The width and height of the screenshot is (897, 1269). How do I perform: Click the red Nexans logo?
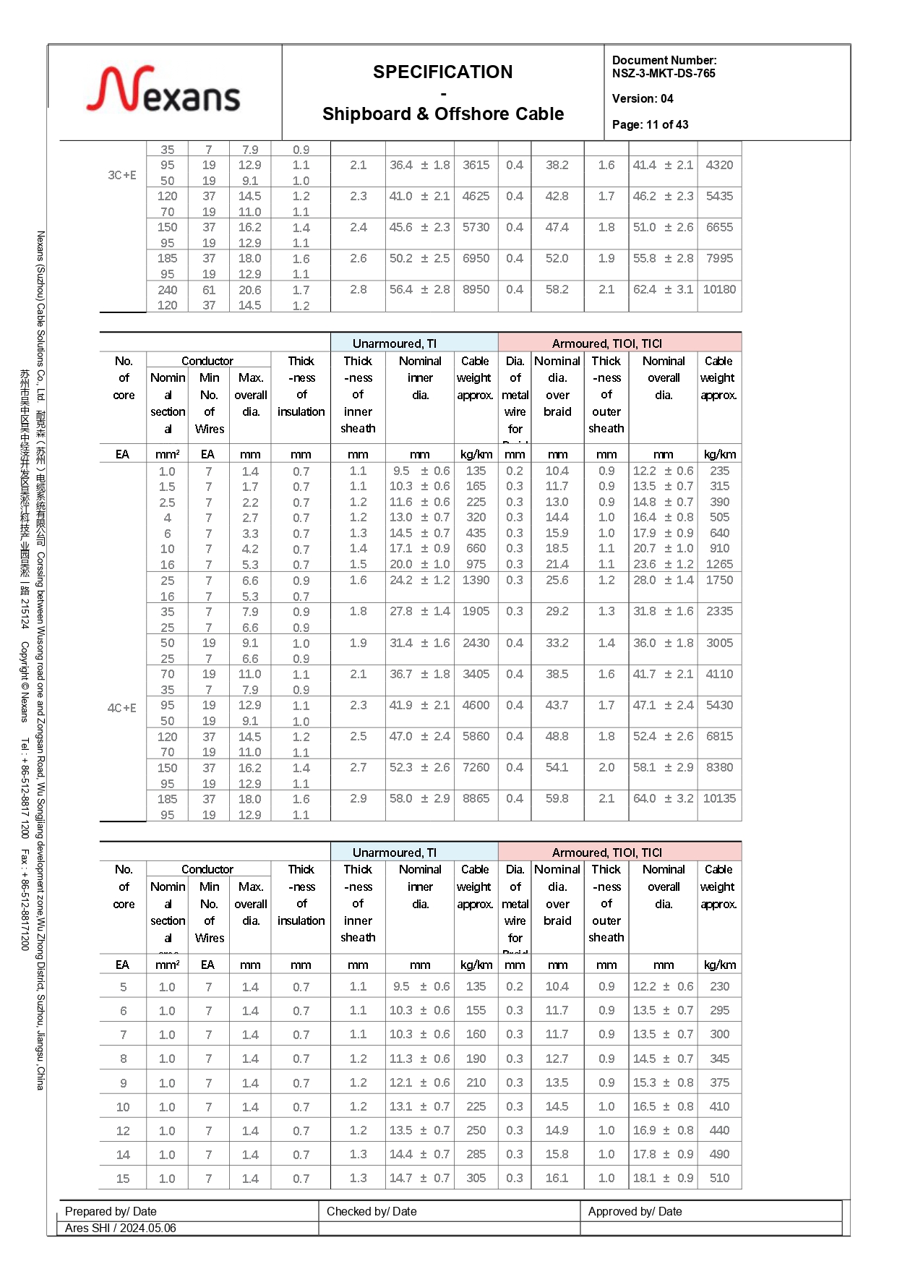[x=163, y=90]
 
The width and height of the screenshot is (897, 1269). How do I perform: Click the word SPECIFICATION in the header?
[x=442, y=72]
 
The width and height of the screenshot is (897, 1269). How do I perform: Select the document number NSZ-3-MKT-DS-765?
[x=664, y=74]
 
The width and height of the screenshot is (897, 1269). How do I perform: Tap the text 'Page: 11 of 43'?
[x=650, y=124]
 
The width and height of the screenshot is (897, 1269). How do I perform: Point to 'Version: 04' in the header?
[x=642, y=98]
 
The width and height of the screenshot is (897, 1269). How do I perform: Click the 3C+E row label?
[x=122, y=175]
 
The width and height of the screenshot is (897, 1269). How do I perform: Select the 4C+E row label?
[x=122, y=708]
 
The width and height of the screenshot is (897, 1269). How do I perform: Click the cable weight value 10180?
[x=719, y=289]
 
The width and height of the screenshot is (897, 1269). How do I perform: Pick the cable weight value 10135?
[x=719, y=798]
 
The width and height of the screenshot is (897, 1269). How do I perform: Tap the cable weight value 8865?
[x=476, y=798]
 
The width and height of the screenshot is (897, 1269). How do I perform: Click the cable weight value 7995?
[x=719, y=258]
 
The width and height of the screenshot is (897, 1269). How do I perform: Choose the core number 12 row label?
[x=123, y=1131]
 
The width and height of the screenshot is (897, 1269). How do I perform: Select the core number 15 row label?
[x=123, y=1179]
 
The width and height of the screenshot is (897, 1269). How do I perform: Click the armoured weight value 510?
[x=719, y=1178]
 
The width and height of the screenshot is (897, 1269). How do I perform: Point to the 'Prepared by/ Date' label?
[x=111, y=1211]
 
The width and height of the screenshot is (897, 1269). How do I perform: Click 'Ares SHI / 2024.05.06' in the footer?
[x=120, y=1228]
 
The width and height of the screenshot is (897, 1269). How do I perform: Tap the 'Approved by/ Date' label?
[x=635, y=1211]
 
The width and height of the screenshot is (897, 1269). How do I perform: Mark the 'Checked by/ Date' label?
[x=372, y=1211]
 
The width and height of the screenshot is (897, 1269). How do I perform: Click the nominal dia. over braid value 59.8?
[x=557, y=798]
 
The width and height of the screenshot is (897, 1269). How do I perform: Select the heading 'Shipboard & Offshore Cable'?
[x=442, y=114]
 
